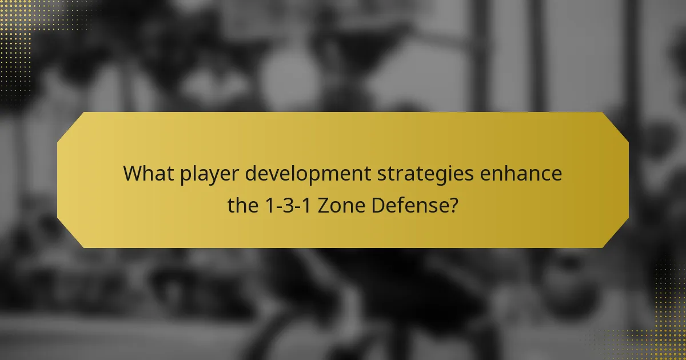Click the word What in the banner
145,173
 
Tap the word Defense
409,204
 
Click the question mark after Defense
453,204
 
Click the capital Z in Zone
323,204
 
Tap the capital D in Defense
378,204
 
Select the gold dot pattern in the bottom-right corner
666,337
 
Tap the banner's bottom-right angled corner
616,235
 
